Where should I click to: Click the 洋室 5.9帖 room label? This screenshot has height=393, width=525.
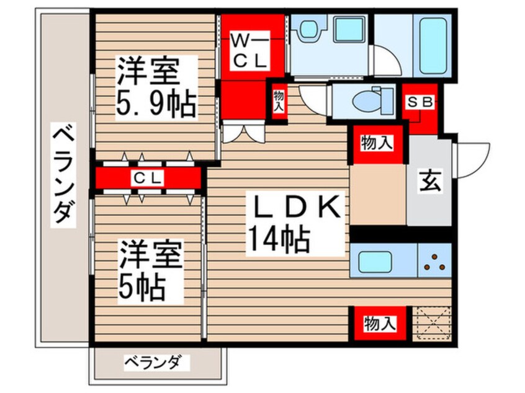click(156, 89)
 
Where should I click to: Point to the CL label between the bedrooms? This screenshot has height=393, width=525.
click(149, 178)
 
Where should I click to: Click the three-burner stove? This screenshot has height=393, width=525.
click(434, 261)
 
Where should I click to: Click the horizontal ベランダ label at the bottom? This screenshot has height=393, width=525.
click(153, 361)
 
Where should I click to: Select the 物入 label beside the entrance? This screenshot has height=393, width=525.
click(377, 144)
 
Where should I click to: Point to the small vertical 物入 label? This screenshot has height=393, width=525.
click(278, 100)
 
